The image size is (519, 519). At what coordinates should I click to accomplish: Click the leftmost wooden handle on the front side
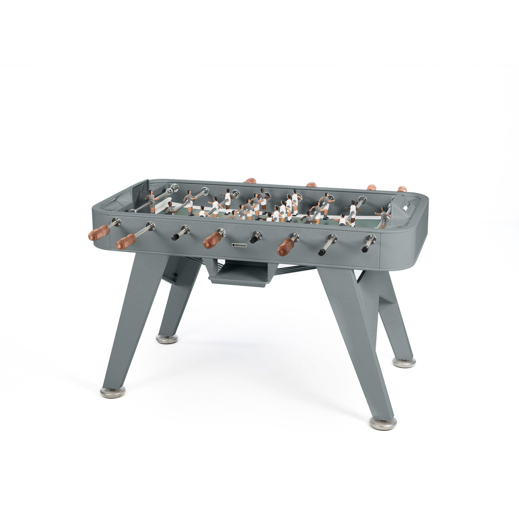click(x=99, y=232)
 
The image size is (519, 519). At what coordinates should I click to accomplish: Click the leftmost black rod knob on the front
click(x=176, y=236)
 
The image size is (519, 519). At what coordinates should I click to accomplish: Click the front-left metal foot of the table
click(x=112, y=391)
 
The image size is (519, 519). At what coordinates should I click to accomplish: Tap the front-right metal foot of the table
click(x=383, y=423)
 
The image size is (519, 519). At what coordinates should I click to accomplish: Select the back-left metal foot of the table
click(x=167, y=340)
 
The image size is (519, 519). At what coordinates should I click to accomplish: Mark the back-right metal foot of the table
click(x=404, y=362)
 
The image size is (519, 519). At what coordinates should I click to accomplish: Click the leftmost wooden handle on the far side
click(x=250, y=180)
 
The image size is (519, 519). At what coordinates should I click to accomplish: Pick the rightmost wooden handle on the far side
click(x=402, y=189)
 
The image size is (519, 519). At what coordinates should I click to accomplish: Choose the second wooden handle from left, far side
click(x=312, y=185)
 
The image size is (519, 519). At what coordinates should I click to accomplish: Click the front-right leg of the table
click(x=357, y=333)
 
